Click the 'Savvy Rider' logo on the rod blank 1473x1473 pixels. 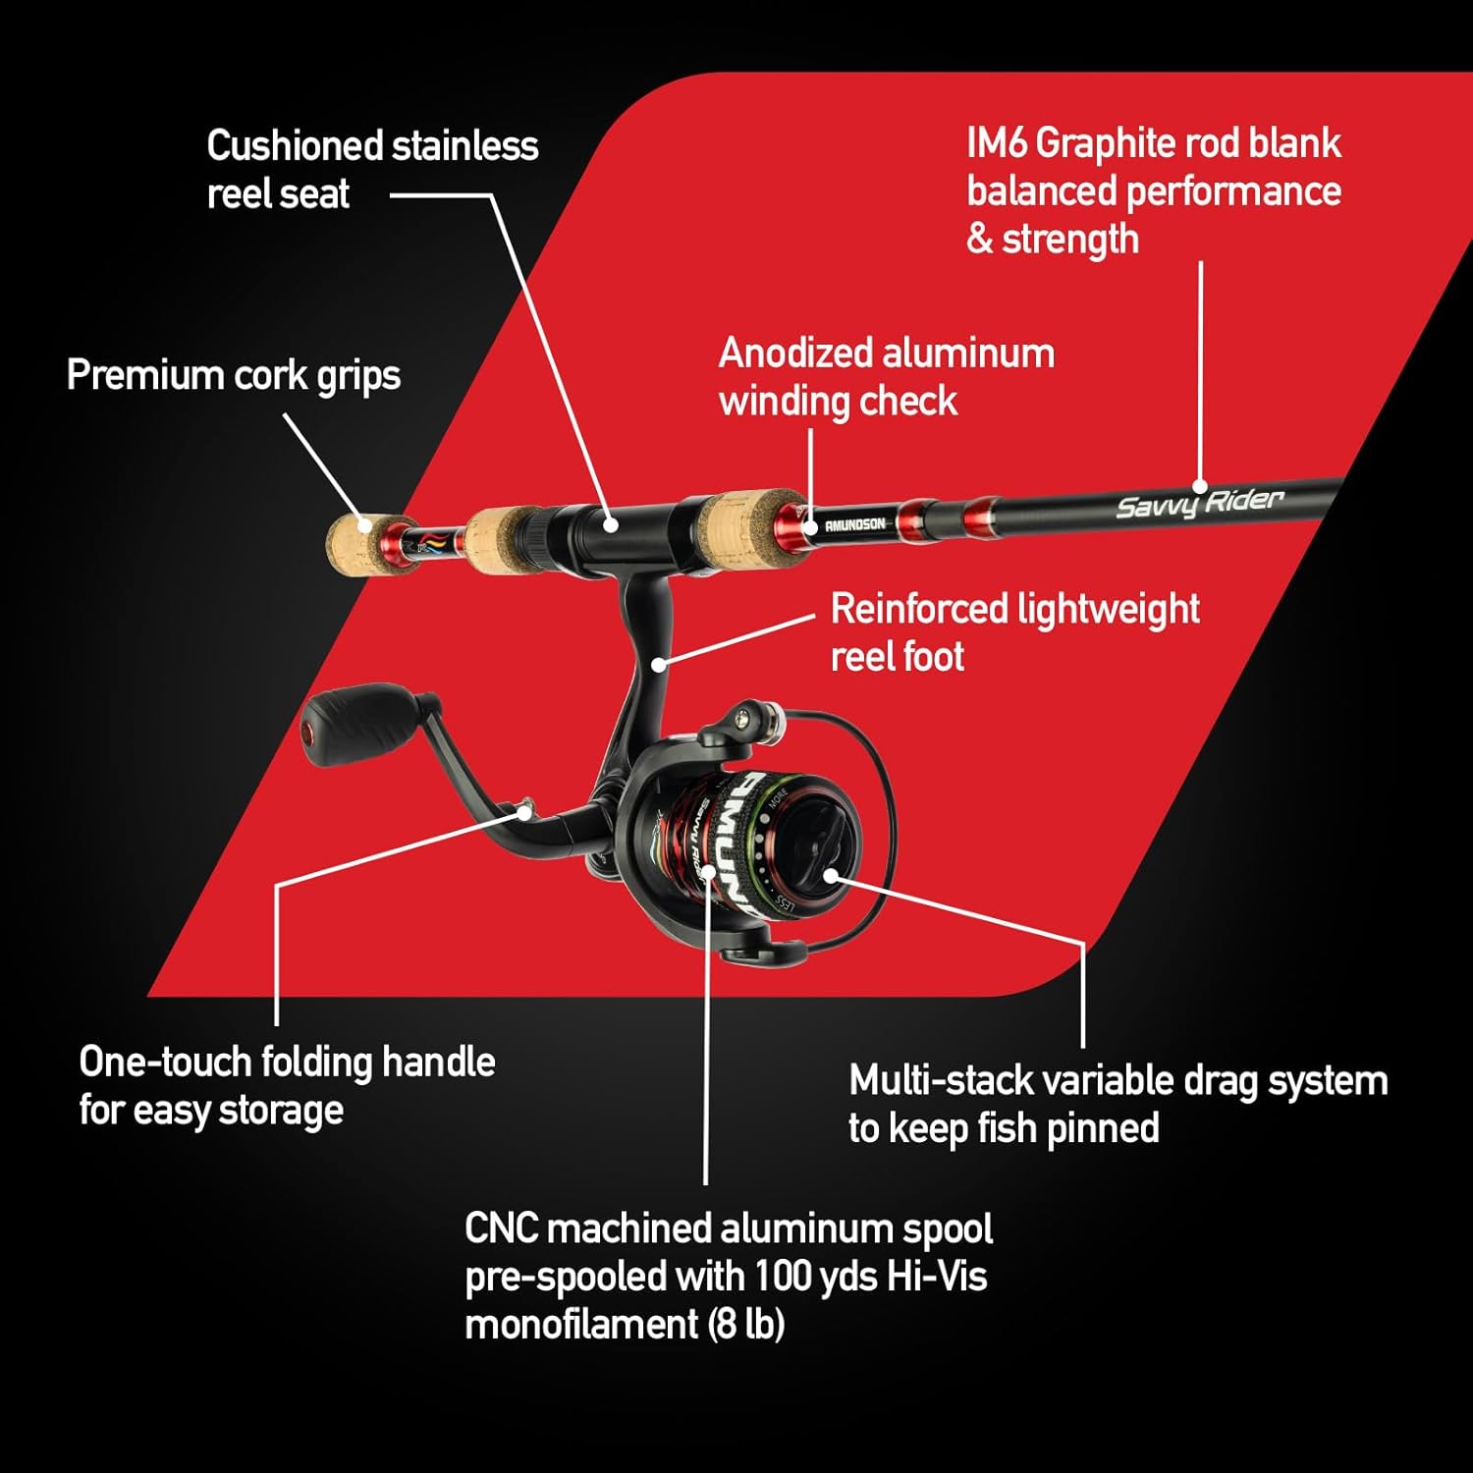(1200, 503)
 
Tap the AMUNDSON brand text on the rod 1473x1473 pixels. (854, 525)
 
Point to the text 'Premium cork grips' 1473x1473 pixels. (234, 376)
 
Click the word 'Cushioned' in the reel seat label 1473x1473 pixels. (293, 145)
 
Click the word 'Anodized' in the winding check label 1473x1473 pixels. (796, 353)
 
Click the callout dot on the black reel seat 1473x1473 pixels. (611, 525)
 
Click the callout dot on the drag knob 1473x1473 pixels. (831, 875)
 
